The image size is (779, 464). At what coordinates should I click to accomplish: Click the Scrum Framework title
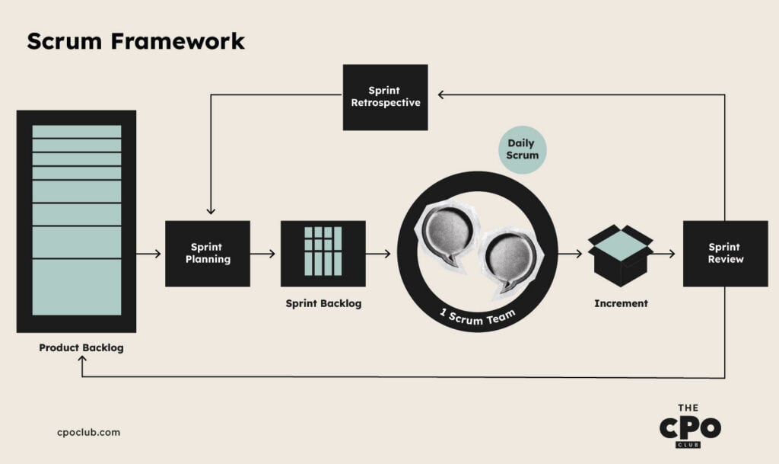coord(135,41)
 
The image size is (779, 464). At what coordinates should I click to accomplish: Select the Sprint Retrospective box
coord(385,97)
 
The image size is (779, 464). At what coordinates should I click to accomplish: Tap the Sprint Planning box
coord(208,253)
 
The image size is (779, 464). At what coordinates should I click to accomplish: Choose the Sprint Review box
coord(725,253)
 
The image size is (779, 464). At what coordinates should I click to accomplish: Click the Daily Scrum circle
coord(522,149)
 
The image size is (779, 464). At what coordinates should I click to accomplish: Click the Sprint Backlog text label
coord(323,303)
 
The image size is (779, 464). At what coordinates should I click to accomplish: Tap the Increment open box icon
coord(620,255)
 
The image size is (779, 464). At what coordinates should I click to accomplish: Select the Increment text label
coord(621,303)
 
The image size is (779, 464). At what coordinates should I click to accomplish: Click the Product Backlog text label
coord(81,347)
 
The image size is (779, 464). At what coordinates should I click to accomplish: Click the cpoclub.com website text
coord(88,432)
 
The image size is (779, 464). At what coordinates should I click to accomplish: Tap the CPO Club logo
coord(690,426)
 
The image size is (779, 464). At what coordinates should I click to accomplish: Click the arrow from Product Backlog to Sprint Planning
coord(148,254)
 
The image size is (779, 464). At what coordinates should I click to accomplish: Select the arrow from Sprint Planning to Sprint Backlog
coord(262,254)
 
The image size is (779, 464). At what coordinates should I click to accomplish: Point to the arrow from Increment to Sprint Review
coord(663,254)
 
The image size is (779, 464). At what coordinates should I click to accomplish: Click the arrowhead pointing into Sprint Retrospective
coord(441,94)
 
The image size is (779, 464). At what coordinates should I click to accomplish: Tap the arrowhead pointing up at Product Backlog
coord(82,359)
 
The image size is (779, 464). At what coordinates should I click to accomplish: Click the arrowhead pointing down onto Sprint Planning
coord(211,211)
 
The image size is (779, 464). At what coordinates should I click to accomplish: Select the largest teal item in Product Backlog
coord(77,287)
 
